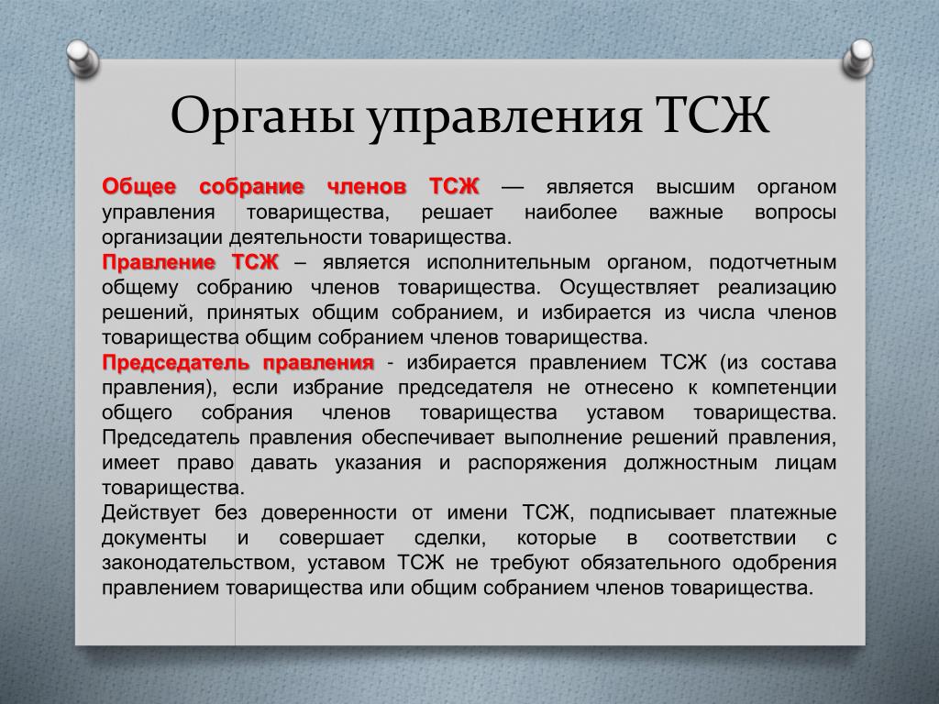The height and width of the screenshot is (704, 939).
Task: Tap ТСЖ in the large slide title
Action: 712,115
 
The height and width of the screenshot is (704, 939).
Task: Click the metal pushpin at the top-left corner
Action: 83,58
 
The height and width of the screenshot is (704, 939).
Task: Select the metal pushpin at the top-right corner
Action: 857,58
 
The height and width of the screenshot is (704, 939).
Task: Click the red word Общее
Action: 139,187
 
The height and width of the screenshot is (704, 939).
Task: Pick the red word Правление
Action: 159,263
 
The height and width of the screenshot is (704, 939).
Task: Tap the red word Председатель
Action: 175,363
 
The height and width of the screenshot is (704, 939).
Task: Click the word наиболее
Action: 570,213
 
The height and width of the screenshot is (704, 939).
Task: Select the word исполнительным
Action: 508,263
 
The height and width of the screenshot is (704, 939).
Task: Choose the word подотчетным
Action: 772,263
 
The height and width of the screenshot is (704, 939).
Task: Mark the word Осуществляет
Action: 629,288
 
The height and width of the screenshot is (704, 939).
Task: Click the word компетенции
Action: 774,388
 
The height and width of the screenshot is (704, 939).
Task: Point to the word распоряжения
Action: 537,463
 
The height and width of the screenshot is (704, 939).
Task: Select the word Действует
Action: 150,513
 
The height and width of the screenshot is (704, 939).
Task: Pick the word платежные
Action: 783,513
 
